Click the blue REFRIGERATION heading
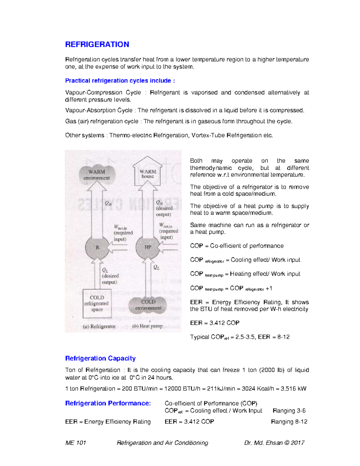tap(97, 44)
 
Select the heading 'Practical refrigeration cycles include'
tap(120, 81)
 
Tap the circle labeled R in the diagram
tap(97, 248)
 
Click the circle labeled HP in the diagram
tap(148, 247)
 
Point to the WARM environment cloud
tap(97, 175)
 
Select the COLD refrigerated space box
tap(97, 303)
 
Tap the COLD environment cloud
tap(148, 305)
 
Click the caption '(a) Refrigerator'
tap(99, 326)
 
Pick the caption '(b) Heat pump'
tap(148, 326)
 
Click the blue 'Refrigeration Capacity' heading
tap(100, 358)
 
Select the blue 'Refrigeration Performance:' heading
tap(108, 403)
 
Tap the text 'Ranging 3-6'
tap(289, 411)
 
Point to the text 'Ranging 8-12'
tap(289, 422)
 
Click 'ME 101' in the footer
tap(76, 443)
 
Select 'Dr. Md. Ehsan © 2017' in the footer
tap(274, 443)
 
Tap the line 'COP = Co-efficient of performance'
tap(237, 246)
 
